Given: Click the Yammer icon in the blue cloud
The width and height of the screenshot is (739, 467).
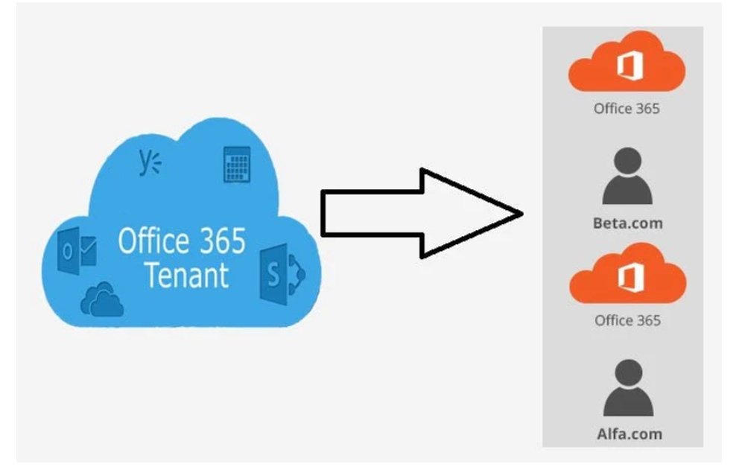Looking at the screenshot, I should (149, 163).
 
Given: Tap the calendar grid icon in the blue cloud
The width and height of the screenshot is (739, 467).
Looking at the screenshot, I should (237, 165).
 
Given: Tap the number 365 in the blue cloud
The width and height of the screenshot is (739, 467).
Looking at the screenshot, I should (221, 241).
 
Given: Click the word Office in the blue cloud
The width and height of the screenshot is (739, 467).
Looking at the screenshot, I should (153, 241).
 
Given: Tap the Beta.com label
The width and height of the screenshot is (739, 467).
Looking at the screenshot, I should (627, 223).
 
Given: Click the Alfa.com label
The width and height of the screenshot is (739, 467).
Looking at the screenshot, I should (628, 433).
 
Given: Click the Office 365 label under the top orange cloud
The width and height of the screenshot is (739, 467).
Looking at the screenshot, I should (627, 108).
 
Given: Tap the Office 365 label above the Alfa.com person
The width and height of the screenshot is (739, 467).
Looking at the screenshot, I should (627, 320).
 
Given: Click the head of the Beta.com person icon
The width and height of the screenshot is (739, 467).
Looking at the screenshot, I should (627, 162).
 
